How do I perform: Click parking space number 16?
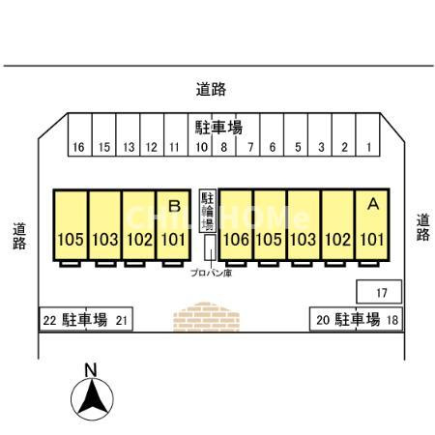(80, 134)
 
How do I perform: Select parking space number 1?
(368, 134)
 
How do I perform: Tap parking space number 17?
(379, 292)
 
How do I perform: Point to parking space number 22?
(63, 319)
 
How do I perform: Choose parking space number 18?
(379, 319)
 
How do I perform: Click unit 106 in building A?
(236, 224)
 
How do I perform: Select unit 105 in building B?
(71, 224)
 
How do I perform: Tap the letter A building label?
(373, 204)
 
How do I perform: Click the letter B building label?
(175, 206)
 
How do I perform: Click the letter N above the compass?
(91, 370)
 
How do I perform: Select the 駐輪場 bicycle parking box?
(207, 211)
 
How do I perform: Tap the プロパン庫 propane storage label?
(211, 274)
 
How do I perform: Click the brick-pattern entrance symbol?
(206, 317)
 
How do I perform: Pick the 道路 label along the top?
(211, 89)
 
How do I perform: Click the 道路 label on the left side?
(19, 236)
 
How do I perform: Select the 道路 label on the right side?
(422, 227)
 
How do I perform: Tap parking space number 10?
(200, 134)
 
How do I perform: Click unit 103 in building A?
(304, 224)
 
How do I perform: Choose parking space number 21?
(110, 319)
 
